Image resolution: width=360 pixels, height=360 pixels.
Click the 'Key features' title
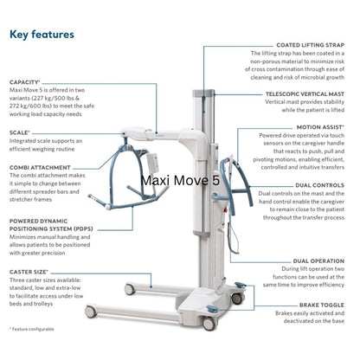[42, 35]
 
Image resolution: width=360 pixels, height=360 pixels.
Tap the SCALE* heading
[21, 132]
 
